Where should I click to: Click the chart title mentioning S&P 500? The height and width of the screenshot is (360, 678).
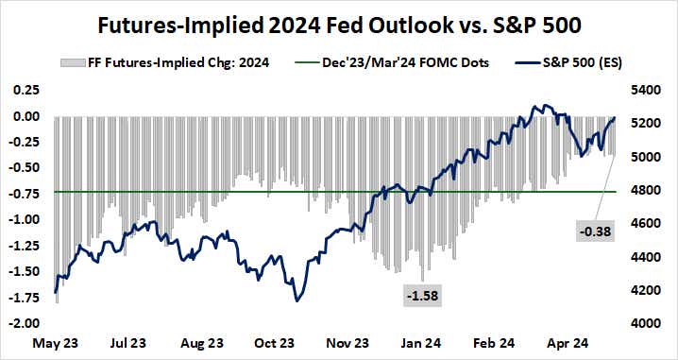[x=338, y=21]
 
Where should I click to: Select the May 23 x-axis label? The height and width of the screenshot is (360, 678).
[x=53, y=343]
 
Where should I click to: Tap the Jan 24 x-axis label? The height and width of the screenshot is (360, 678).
[x=421, y=343]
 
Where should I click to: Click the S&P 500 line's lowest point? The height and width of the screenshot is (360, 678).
[x=297, y=300]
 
